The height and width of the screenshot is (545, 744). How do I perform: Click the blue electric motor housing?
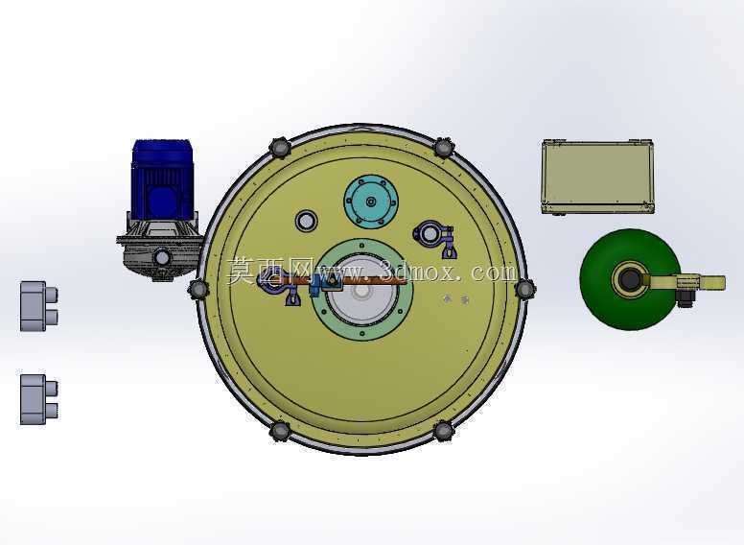[x=162, y=179]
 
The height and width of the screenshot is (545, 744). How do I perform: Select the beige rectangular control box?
[x=597, y=177]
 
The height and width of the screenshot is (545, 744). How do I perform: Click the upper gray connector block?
[x=39, y=306]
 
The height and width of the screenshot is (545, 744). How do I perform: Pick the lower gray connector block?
[x=39, y=399]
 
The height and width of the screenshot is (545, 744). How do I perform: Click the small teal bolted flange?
[x=371, y=201]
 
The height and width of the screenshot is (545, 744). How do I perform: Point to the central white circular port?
[x=361, y=291]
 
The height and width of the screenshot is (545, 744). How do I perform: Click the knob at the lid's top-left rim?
[x=280, y=148]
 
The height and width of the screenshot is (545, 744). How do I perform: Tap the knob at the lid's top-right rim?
[x=444, y=148]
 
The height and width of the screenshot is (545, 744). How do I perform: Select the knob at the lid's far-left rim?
[x=198, y=289]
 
